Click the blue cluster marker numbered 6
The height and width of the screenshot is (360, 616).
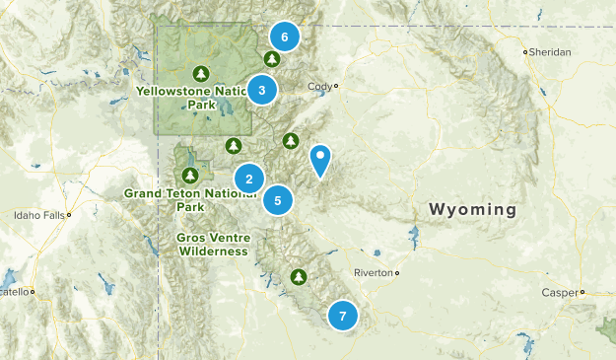click(284, 37)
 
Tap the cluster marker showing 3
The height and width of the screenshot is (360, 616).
click(261, 90)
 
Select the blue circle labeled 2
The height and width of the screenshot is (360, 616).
click(249, 179)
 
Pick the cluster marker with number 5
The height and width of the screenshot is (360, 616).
click(278, 200)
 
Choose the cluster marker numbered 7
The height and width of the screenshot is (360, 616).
click(342, 316)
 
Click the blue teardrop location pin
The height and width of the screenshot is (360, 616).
click(320, 160)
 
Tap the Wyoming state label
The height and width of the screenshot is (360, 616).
click(472, 209)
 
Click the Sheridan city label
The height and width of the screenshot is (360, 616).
click(550, 52)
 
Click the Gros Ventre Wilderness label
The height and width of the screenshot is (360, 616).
click(213, 245)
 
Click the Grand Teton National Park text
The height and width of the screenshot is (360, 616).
click(190, 200)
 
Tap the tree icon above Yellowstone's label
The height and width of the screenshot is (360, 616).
click(201, 73)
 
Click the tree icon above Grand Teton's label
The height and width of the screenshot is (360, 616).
click(191, 176)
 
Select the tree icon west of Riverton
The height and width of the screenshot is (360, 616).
click(299, 276)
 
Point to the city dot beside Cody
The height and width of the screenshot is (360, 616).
click(336, 86)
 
